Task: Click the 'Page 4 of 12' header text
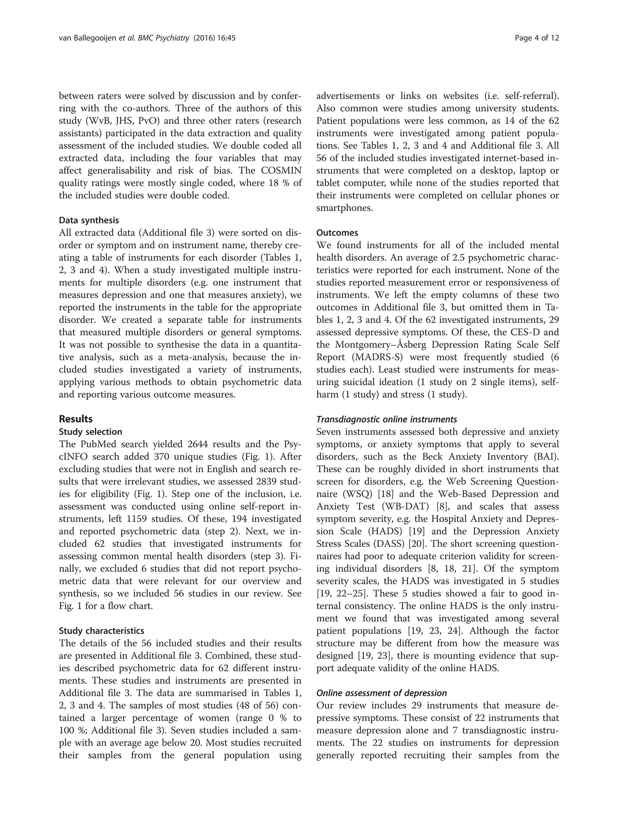(537, 38)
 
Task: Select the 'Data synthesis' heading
(89, 220)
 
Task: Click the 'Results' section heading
(76, 419)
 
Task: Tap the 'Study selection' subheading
(91, 432)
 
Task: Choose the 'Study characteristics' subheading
(101, 630)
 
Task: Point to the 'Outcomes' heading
(337, 233)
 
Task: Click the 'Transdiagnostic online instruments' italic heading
(386, 419)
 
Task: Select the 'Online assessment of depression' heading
(381, 693)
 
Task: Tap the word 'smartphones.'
(344, 208)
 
